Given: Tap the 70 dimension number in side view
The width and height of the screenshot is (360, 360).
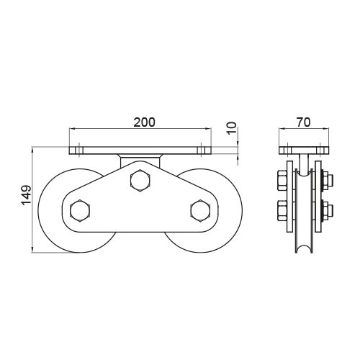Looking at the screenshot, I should [303, 122].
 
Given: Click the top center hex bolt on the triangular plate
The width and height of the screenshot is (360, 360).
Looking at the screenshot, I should [140, 180].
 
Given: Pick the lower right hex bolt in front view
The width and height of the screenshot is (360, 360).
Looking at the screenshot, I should [199, 210].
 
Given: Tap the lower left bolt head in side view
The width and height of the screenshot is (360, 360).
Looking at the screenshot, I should [279, 212].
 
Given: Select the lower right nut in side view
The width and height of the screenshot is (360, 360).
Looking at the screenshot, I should [327, 212].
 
